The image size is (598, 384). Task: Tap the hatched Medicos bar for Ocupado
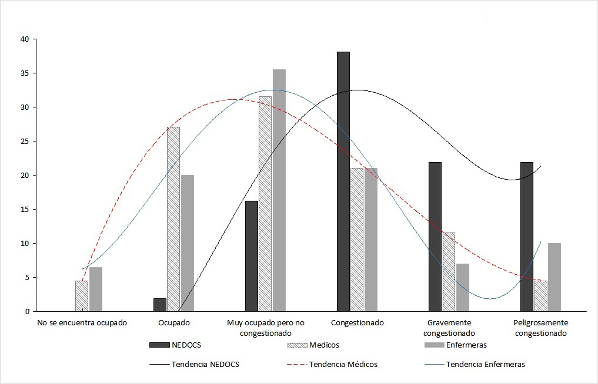(173, 219)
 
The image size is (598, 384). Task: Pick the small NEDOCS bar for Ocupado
(160, 305)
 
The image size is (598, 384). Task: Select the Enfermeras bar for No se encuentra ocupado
(96, 289)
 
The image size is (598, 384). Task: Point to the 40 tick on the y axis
(25, 39)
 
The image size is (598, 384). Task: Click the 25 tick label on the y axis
(25, 141)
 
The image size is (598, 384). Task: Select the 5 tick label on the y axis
(27, 278)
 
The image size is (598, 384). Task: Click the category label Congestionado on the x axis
(357, 323)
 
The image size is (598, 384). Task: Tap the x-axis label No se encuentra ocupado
(82, 323)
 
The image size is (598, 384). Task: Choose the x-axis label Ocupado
(174, 323)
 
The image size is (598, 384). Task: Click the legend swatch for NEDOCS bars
(159, 345)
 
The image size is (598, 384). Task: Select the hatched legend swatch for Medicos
(297, 345)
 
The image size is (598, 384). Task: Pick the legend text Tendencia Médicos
(343, 364)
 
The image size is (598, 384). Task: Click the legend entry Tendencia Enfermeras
(485, 364)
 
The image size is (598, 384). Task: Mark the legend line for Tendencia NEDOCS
(159, 364)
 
